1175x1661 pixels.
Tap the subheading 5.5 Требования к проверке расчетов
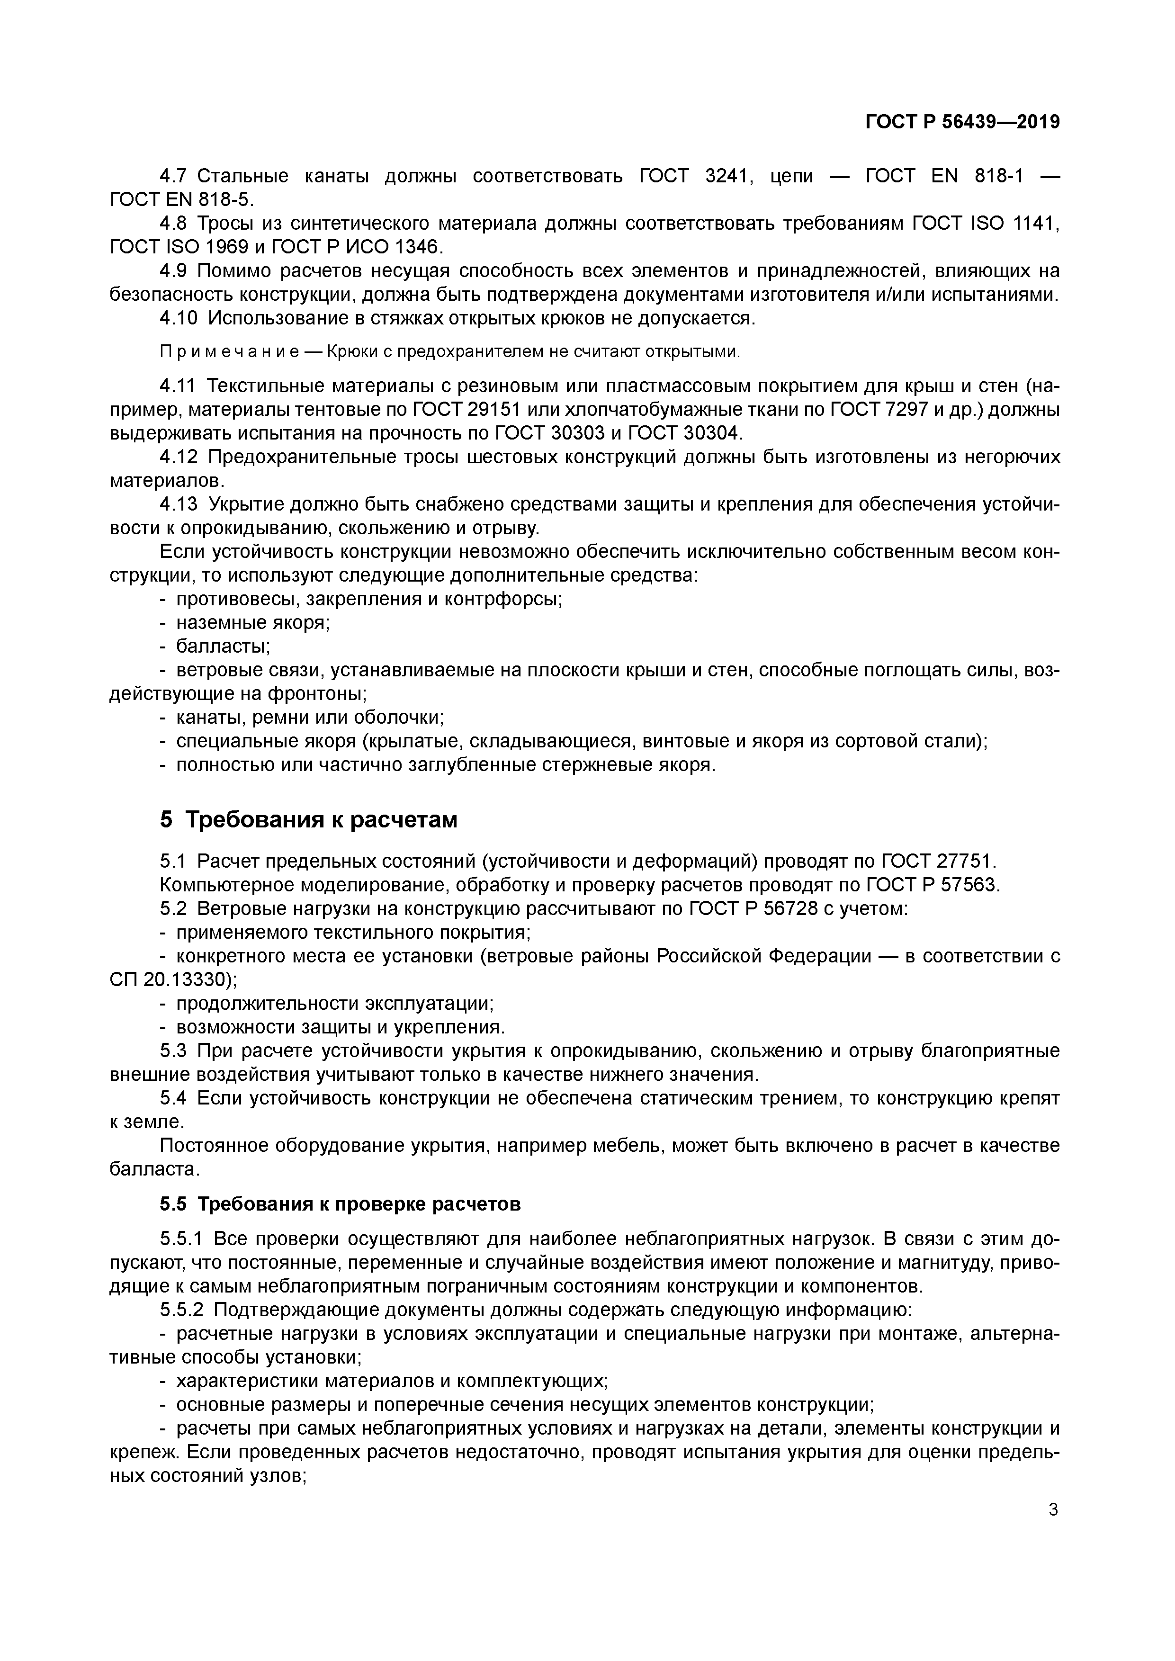(x=340, y=1204)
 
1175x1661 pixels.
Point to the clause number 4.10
(x=179, y=318)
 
